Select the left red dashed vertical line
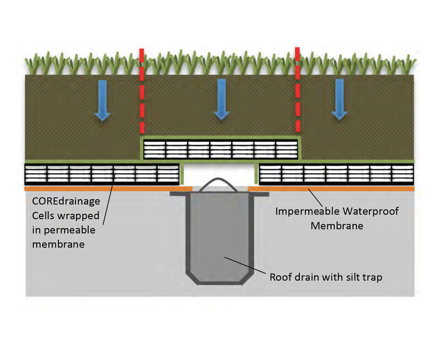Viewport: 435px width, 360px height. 142,90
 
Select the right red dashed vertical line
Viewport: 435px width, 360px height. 297,90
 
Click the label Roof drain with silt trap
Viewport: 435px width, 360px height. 326,277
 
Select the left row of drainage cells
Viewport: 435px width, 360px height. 102,174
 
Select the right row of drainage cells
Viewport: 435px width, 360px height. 336,174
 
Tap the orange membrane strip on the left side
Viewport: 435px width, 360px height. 99,189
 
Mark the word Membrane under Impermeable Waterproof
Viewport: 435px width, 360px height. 336,226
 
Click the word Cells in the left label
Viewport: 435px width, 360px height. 43,216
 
